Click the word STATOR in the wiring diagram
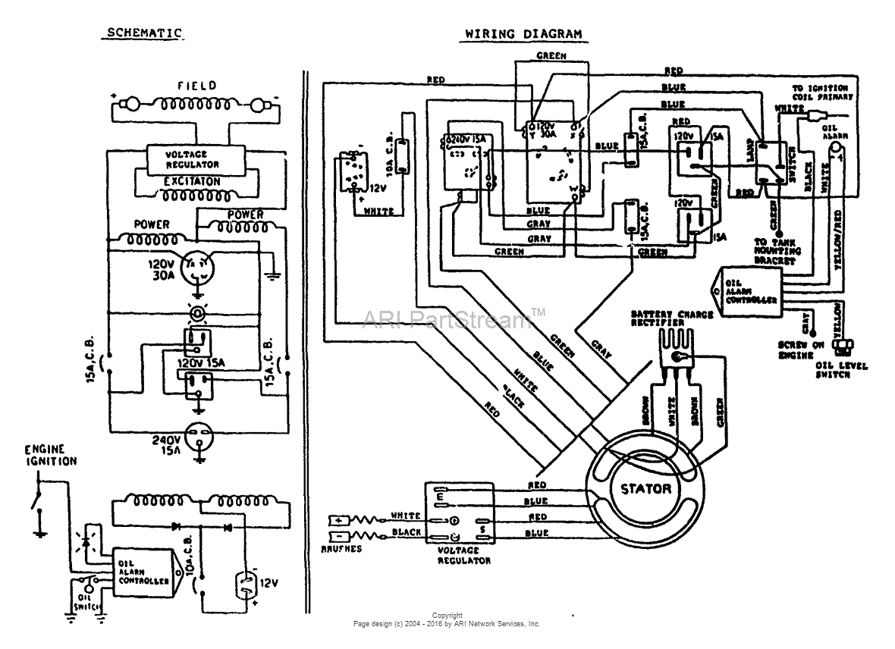coord(645,489)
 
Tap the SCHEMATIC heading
coord(144,33)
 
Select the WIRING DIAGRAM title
coord(523,34)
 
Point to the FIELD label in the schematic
coord(197,86)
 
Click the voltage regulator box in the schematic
coord(193,159)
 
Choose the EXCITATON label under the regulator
coord(193,182)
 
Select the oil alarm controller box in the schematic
coord(144,572)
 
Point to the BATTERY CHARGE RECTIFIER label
coord(672,318)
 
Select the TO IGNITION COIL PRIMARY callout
coord(822,92)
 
